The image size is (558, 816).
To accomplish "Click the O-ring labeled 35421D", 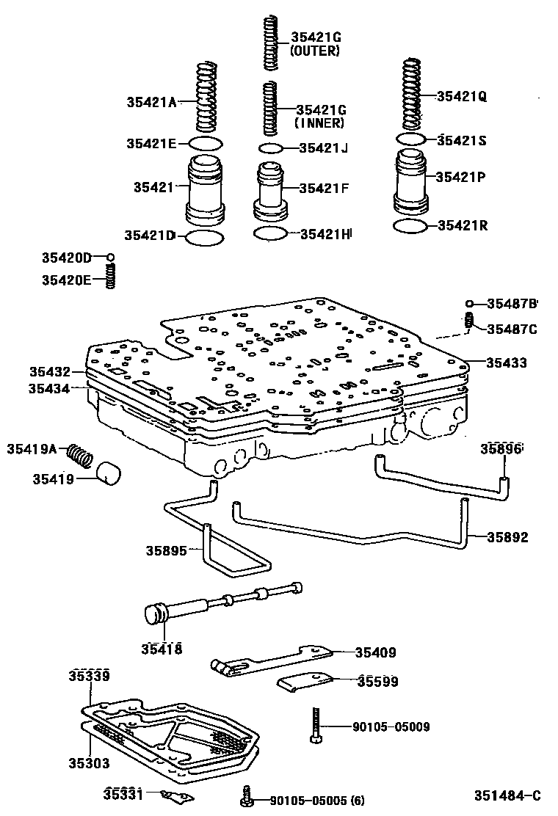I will [x=204, y=236].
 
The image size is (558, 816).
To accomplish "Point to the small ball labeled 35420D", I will [x=110, y=258].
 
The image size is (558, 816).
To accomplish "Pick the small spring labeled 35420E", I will [x=111, y=276].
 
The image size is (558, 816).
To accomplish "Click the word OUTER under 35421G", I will [x=316, y=51].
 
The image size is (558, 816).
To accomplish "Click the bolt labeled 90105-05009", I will [x=315, y=726].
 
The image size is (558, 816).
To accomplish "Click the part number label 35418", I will [x=162, y=649].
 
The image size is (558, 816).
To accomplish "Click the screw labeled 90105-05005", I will [x=247, y=798].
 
